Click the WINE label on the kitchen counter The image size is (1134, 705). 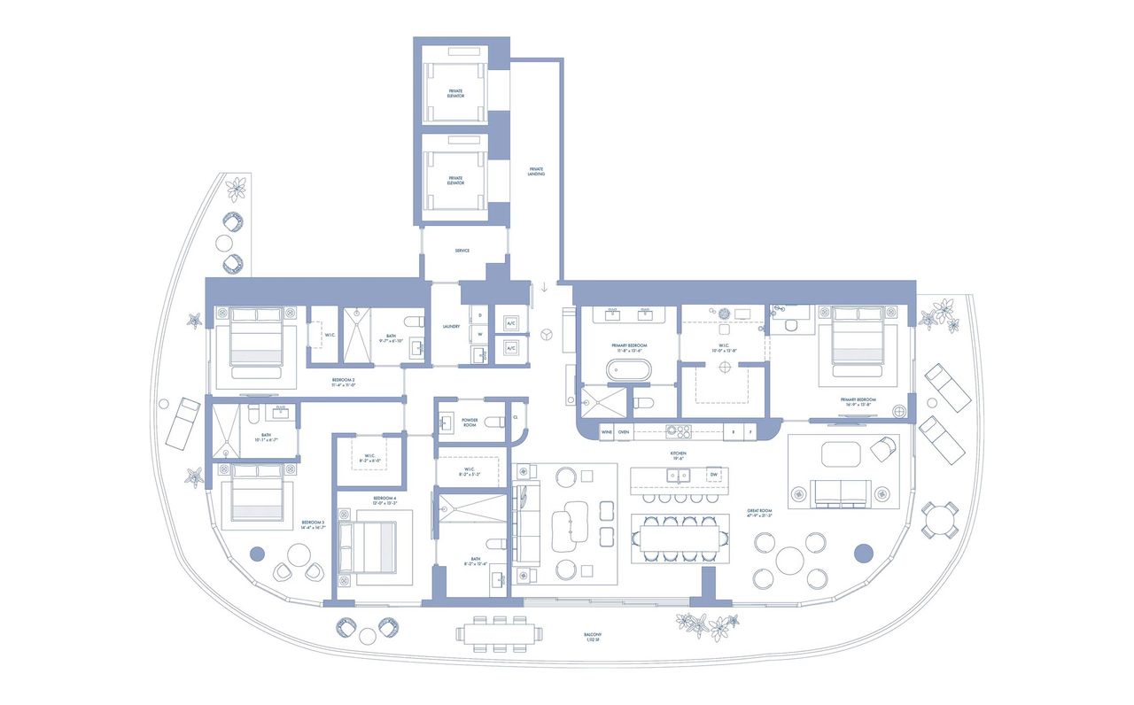[607, 432]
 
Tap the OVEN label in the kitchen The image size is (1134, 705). [624, 432]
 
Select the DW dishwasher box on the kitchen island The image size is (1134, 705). [713, 475]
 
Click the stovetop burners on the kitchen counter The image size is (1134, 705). [678, 432]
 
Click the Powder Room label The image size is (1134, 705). [470, 423]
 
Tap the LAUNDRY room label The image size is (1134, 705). [451, 327]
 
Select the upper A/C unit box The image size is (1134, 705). [510, 324]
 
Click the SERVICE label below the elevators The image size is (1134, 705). [462, 251]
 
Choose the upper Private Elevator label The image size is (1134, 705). [455, 94]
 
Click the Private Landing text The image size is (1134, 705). [536, 171]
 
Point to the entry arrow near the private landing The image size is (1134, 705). [544, 287]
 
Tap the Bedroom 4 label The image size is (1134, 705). [384, 500]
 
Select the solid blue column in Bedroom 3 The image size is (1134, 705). [257, 554]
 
